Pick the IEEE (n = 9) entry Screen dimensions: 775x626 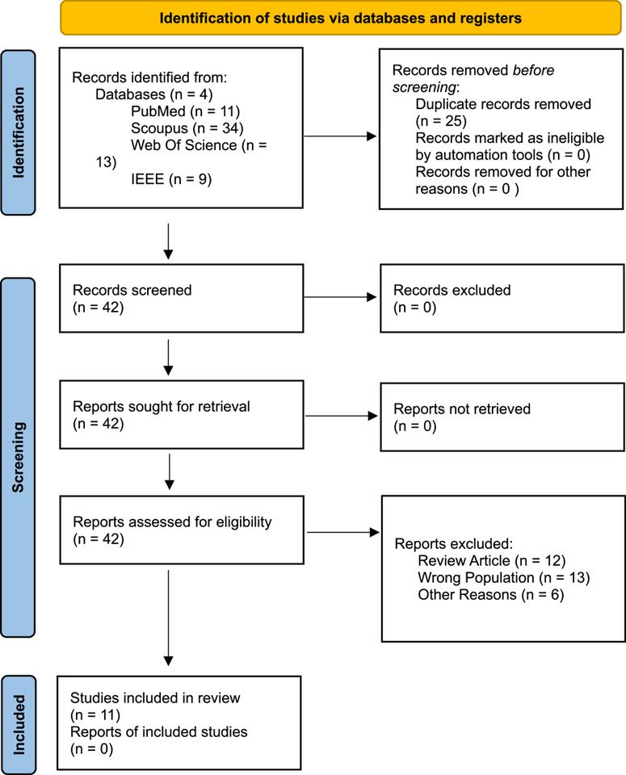coord(171,180)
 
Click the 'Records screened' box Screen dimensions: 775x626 coord(180,298)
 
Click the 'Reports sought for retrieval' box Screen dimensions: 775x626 coord(180,415)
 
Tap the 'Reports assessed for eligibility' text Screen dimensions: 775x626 coord(172,522)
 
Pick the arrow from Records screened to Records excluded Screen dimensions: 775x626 coord(340,297)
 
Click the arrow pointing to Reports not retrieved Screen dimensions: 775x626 coord(340,416)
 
